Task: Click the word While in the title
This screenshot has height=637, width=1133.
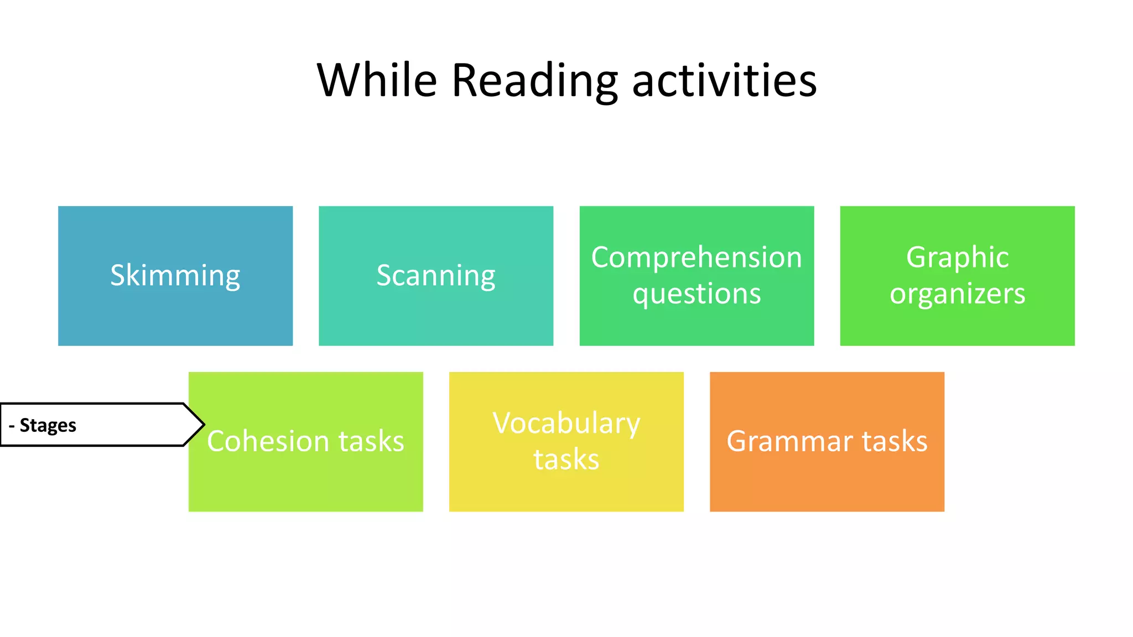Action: pos(377,81)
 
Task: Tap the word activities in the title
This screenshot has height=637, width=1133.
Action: pos(724,81)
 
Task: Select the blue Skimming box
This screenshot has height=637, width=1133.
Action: pos(175,321)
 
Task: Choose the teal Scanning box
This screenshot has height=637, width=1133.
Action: pos(436,321)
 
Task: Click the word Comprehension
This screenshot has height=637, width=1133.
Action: pos(697,258)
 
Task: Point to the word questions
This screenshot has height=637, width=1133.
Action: pos(697,294)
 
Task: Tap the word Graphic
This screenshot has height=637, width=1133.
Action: pos(957,258)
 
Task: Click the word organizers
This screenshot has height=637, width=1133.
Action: pos(957,294)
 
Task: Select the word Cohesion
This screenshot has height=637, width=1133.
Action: pos(268,441)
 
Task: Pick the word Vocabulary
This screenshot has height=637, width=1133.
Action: pos(566,424)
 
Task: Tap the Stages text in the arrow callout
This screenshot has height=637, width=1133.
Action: pos(48,425)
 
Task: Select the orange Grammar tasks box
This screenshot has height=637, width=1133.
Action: pos(827,487)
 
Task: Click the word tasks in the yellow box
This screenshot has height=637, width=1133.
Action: pos(566,460)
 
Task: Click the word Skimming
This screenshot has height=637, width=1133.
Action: pos(175,275)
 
